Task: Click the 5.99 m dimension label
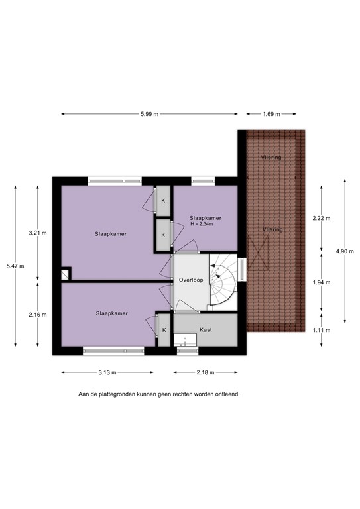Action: pos(149,114)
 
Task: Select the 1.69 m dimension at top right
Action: pos(271,114)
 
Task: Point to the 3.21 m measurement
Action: pos(38,233)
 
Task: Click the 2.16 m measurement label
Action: pos(38,316)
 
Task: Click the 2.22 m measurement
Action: pos(322,218)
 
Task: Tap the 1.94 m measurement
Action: pos(322,282)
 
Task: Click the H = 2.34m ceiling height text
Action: pos(205,224)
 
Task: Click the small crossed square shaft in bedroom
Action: pos(65,274)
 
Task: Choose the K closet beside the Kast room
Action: pos(164,329)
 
